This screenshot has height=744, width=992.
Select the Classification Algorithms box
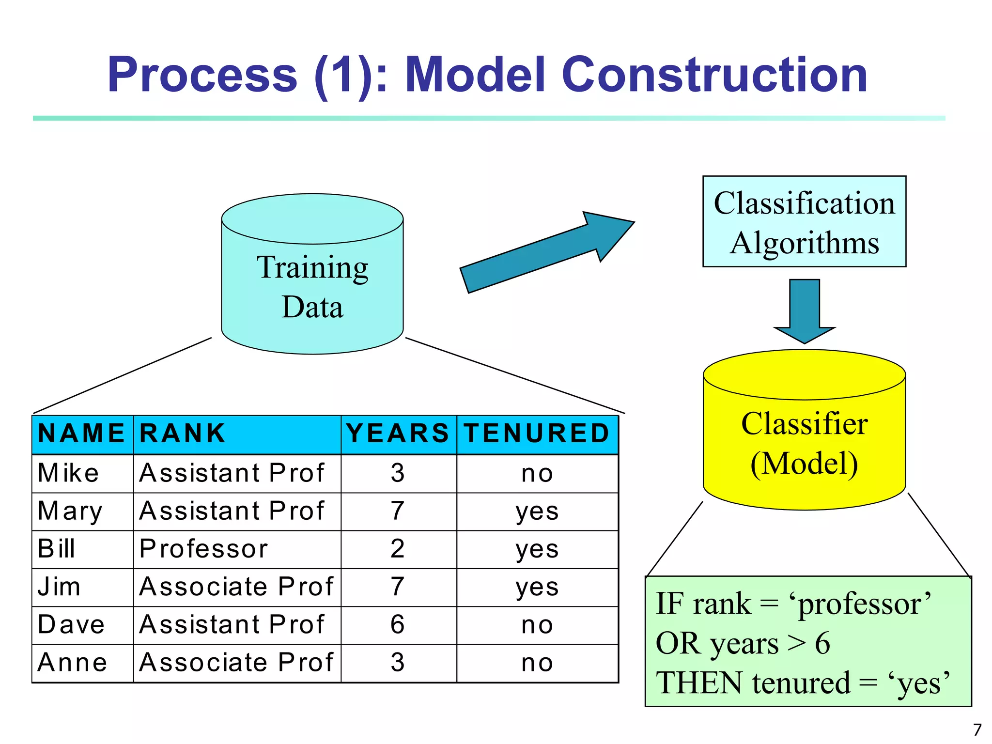[x=804, y=222]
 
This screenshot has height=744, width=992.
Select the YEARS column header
[x=398, y=434]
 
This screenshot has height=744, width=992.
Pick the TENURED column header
[x=537, y=434]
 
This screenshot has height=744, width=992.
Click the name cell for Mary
[x=70, y=511]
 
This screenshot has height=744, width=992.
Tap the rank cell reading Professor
[x=203, y=549]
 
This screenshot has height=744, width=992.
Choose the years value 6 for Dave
[x=398, y=625]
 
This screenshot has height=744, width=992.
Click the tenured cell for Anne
[x=537, y=663]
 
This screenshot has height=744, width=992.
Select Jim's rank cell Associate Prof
[x=236, y=587]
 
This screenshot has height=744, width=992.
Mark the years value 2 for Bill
[x=398, y=549]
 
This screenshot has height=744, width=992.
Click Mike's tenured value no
[x=537, y=473]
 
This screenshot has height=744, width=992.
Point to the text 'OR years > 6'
[x=743, y=644]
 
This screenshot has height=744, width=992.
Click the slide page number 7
[x=977, y=729]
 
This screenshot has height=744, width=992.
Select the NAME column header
[x=81, y=434]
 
